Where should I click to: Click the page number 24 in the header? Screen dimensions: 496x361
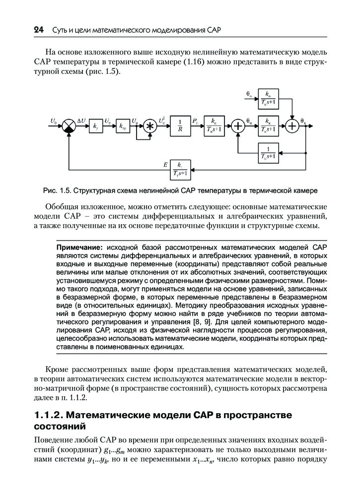39,30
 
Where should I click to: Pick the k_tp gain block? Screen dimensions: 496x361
122,126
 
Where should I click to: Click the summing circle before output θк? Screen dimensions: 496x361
294,126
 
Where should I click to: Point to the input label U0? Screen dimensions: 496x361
54,121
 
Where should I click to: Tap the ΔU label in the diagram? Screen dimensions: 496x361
82,121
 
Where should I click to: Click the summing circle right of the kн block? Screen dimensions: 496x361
238,126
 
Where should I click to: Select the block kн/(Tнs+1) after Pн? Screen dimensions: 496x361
214,126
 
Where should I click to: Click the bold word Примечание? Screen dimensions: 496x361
79,247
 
